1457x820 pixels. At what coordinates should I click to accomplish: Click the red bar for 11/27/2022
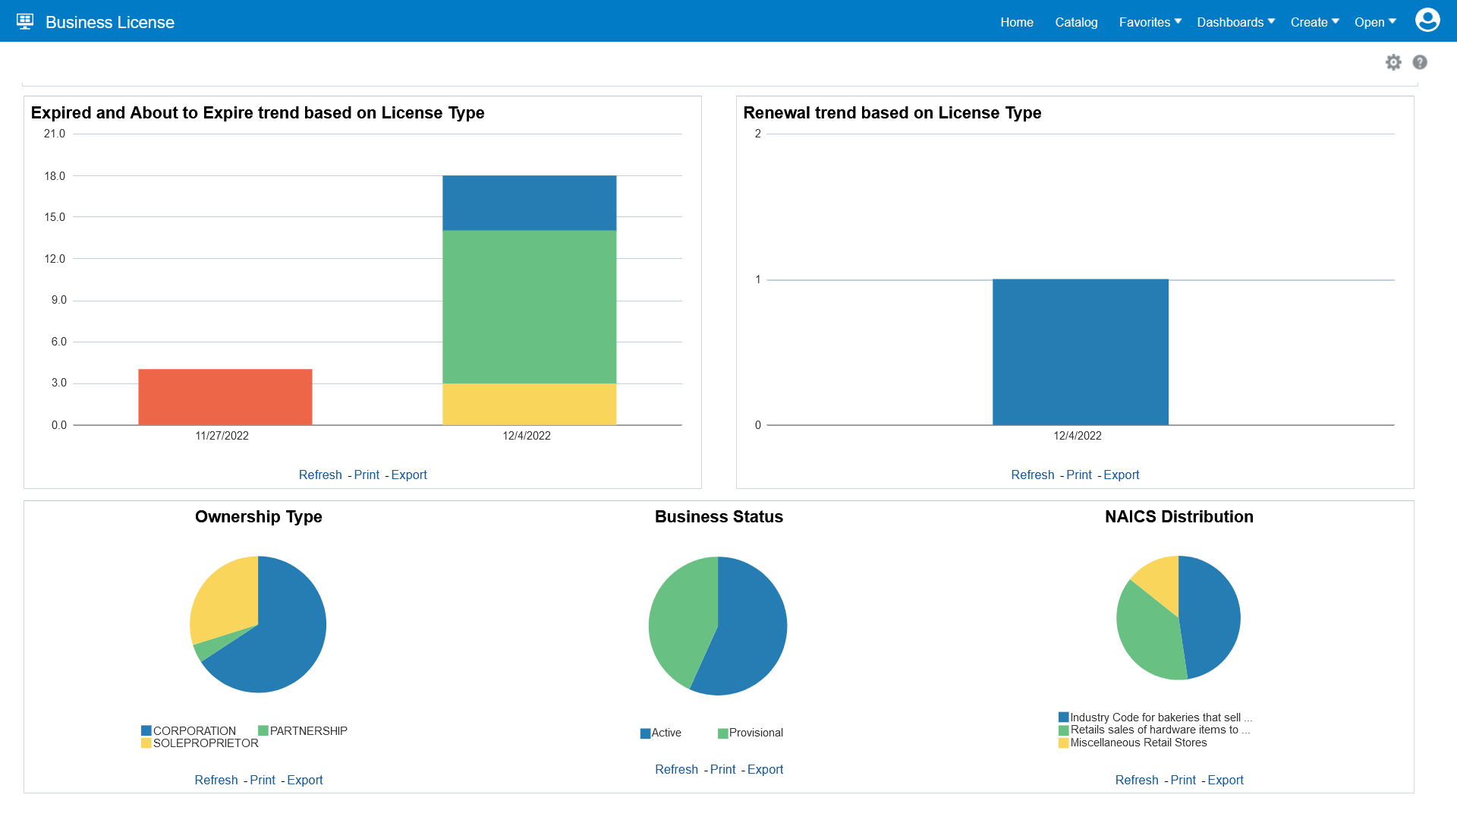[x=225, y=397]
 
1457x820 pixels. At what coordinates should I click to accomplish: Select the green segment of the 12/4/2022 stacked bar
[x=529, y=307]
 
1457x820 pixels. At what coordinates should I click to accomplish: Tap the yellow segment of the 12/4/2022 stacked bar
[x=529, y=404]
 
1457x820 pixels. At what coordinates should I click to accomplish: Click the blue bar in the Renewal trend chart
[x=1080, y=352]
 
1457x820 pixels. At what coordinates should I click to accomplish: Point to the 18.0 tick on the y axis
[x=55, y=176]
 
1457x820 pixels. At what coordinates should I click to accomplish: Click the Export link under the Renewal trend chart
[x=1121, y=475]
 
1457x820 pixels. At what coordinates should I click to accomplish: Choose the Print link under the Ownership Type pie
[x=263, y=780]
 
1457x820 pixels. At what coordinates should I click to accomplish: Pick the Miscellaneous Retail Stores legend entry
[x=1138, y=743]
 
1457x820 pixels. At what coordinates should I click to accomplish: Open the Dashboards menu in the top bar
[x=1235, y=22]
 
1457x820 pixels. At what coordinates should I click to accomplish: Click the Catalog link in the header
[x=1076, y=22]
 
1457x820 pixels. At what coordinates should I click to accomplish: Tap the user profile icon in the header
[x=1427, y=20]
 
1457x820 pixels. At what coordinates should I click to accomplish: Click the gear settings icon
[x=1393, y=62]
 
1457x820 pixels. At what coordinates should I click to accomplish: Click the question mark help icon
[x=1420, y=62]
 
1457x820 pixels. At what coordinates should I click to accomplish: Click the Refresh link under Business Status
[x=676, y=769]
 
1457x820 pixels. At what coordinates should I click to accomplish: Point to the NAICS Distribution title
[x=1179, y=516]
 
